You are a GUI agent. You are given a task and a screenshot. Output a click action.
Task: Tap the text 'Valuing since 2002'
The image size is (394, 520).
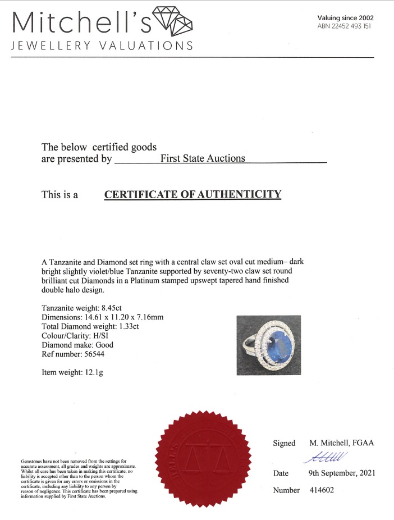(345, 18)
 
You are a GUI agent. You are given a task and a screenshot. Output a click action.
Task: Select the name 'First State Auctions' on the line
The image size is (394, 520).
(203, 158)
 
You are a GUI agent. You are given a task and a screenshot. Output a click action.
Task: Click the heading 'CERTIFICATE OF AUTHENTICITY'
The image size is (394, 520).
(193, 195)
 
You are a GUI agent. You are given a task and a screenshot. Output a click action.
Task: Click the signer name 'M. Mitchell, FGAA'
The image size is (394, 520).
(342, 443)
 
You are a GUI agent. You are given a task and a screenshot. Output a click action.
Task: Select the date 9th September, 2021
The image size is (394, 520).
(342, 473)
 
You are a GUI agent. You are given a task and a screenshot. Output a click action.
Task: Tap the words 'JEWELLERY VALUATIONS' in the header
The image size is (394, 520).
(102, 46)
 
